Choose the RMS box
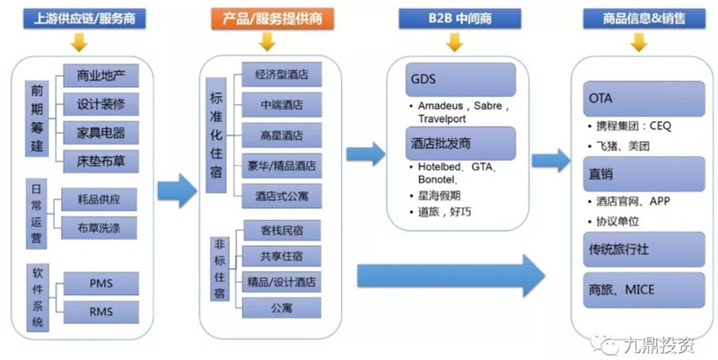click(101, 312)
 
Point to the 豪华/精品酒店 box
click(281, 165)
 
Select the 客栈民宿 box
click(281, 231)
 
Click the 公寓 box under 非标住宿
click(281, 306)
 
